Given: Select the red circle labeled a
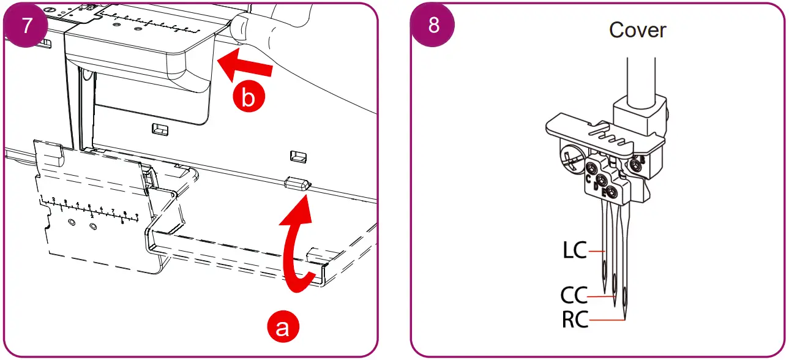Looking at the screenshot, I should pos(282,327).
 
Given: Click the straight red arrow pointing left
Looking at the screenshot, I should pos(245,67).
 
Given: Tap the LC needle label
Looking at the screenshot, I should pos(574,250).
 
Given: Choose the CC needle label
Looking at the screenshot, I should pos(574,296).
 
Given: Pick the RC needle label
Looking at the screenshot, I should pos(575,320).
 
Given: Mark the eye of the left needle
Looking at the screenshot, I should pos(604,269).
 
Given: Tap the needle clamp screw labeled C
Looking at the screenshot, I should pos(591,168).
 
